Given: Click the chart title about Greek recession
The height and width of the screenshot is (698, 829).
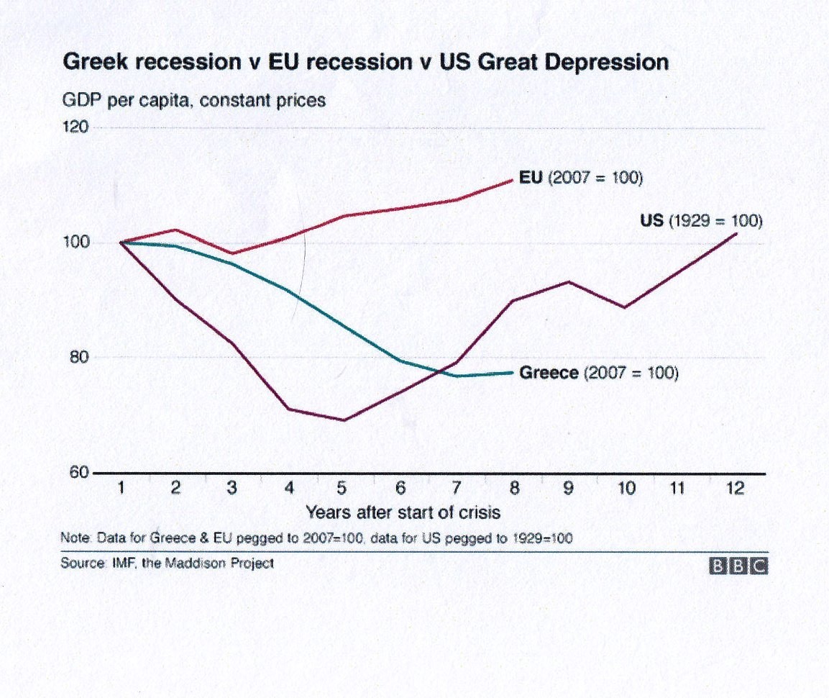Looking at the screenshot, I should (366, 63).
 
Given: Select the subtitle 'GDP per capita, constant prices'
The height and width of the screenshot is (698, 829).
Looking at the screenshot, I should (193, 100).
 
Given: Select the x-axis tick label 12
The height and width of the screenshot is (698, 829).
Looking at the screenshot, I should (735, 489).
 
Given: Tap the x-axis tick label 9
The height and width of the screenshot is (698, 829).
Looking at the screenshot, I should (568, 489).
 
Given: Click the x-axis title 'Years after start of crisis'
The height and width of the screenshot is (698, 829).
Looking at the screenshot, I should (403, 513).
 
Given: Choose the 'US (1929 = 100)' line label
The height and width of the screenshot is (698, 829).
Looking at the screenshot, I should (700, 221).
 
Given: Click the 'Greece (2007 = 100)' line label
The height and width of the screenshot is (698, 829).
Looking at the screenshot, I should (598, 373).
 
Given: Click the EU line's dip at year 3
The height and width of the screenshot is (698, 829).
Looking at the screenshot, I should (232, 253).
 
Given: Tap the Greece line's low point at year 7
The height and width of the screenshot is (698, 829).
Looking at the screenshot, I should (457, 376).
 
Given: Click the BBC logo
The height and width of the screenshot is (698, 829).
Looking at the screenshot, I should (738, 566).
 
